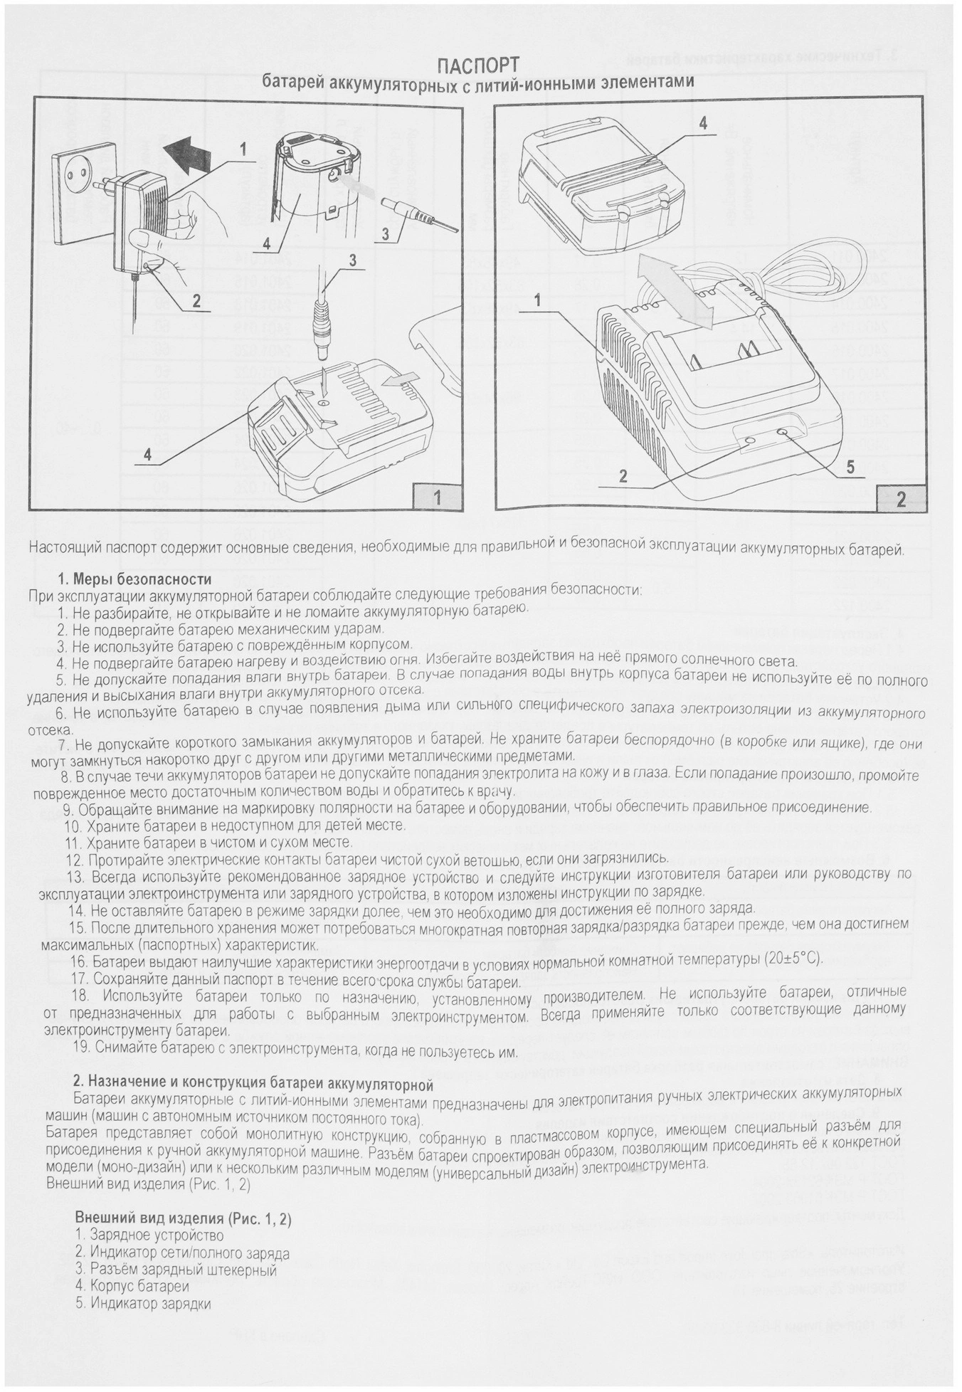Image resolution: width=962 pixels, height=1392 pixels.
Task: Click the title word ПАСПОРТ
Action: pos(478,66)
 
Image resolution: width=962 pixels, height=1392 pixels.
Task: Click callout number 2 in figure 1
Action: pos(196,301)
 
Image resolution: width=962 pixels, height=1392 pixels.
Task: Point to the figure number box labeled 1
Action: pos(437,497)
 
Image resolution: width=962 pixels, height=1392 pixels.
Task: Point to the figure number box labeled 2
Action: pos(902,497)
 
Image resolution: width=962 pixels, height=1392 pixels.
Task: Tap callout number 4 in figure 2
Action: pos(703,123)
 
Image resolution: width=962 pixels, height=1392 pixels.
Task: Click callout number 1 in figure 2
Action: pos(538,300)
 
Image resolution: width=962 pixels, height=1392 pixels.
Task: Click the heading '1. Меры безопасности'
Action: pos(134,579)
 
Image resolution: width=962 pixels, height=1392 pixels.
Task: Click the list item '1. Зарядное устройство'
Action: pos(149,1236)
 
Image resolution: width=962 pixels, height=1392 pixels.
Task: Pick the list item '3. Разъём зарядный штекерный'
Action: pos(175,1270)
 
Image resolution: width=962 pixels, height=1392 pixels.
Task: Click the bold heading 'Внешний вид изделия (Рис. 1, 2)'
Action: pos(183,1218)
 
